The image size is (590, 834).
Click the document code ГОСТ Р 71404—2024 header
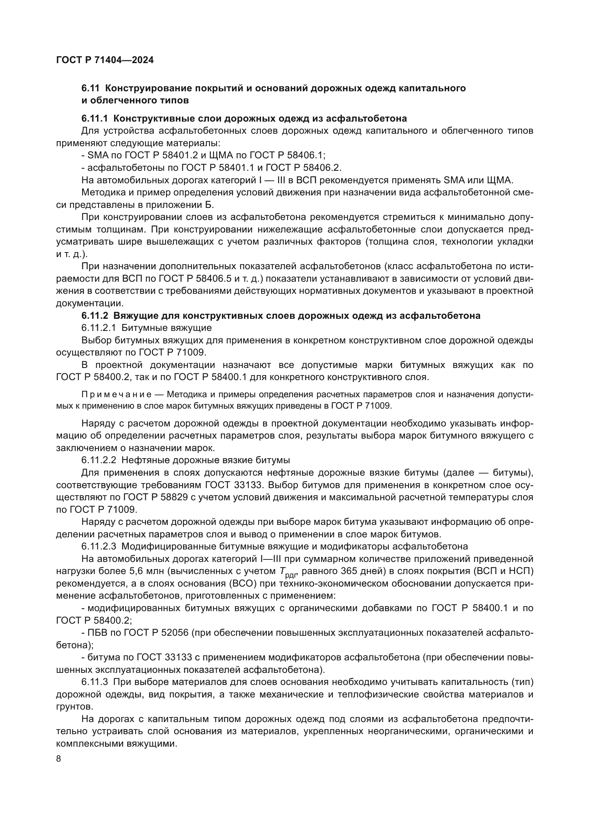pyautogui.click(x=105, y=60)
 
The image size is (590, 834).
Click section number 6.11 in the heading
pyautogui.click(x=90, y=88)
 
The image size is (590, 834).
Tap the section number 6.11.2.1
pyautogui.click(x=98, y=328)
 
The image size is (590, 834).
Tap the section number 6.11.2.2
pyautogui.click(x=98, y=460)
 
